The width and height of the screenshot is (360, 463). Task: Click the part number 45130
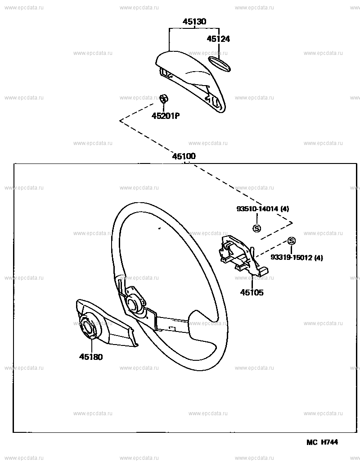pos(194,22)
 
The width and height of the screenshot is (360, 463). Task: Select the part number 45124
pos(218,39)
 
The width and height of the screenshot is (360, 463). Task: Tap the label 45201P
pos(165,116)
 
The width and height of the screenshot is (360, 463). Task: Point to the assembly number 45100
pos(184,156)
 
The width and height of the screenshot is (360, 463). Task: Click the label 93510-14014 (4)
pos(263,209)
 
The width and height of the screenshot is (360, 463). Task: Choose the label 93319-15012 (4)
pos(297,258)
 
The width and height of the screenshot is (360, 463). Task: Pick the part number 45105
pos(252,293)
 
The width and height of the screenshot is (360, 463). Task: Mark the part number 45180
pos(91,357)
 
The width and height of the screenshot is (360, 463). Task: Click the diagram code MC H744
pos(322,442)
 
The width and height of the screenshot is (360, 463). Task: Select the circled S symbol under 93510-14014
pos(256,228)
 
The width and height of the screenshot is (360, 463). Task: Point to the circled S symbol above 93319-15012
pos(291,241)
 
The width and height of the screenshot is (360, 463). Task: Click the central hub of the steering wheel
pos(133,304)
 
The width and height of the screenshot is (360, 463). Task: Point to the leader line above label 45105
pos(252,279)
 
